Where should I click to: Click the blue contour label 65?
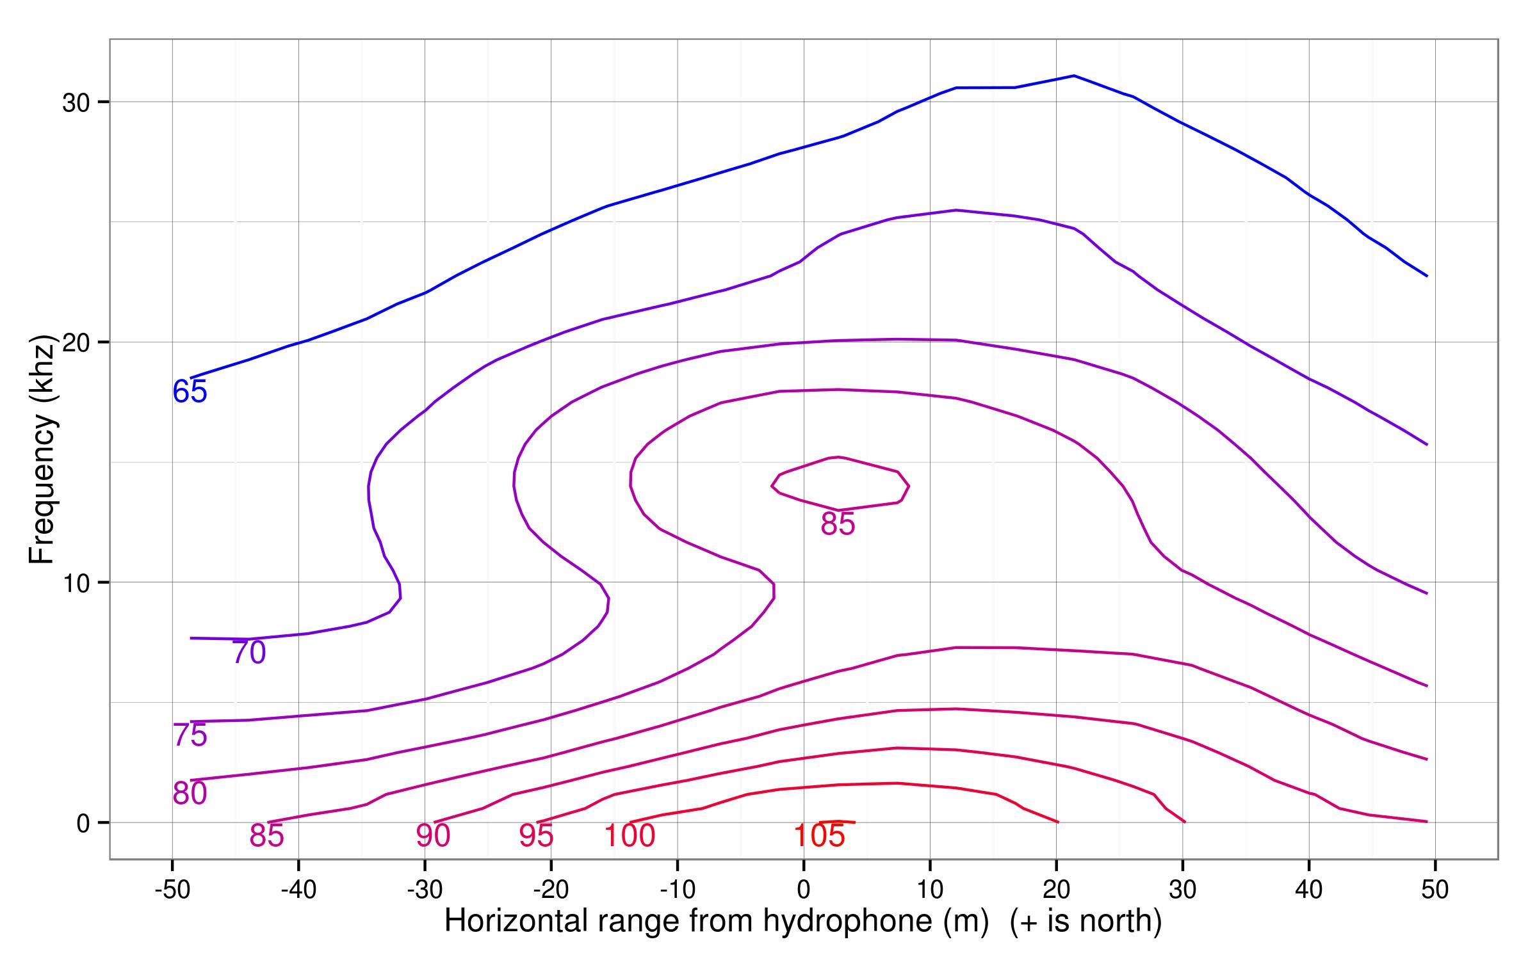point(190,392)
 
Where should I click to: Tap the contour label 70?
point(248,653)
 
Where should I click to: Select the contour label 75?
point(190,735)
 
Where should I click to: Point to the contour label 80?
point(190,794)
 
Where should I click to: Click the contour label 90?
point(434,836)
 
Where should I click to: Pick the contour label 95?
point(536,836)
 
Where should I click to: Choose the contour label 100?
point(630,836)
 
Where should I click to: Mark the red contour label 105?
point(819,836)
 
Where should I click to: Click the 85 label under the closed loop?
point(838,524)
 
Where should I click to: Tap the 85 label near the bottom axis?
point(266,836)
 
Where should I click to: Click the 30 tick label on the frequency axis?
point(76,102)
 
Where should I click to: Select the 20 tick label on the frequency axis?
point(76,342)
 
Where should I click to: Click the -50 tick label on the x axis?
point(172,890)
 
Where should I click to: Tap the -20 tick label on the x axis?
point(551,890)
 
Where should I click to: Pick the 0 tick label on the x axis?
point(804,890)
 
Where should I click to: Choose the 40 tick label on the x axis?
point(1308,890)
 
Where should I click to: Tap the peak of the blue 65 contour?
point(1073,76)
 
